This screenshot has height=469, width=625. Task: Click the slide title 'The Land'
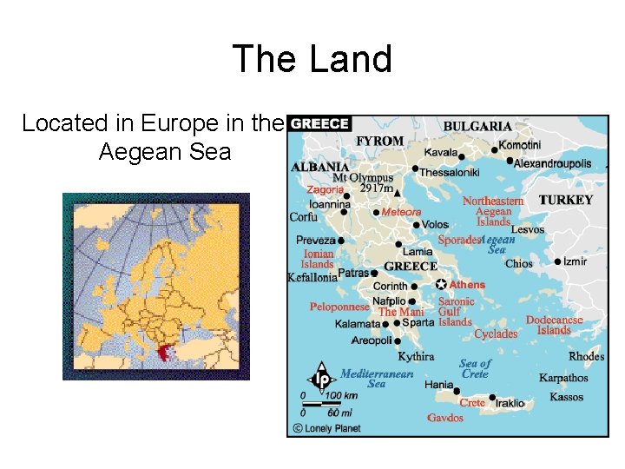pos(312,59)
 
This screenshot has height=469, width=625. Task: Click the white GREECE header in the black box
pos(319,124)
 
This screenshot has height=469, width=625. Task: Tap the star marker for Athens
pos(441,284)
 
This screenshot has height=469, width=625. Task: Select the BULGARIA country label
pos(477,126)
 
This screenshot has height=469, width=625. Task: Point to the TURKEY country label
pos(565,200)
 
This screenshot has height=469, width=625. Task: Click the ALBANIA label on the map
pos(320,166)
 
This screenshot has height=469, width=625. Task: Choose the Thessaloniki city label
pos(450,172)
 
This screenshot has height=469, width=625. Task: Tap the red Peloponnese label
pos(339,307)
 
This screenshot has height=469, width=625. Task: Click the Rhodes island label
pos(586,357)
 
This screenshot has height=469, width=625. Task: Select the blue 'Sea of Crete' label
pos(475,368)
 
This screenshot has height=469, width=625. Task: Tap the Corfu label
pos(304,217)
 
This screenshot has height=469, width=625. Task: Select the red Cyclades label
pos(496,334)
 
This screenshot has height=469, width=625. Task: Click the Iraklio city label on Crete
pos(510,403)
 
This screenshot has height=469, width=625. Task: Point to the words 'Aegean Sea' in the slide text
pos(165,152)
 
